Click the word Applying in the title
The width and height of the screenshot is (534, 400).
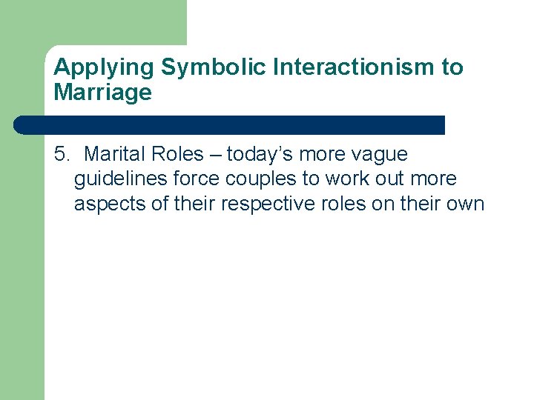(105, 68)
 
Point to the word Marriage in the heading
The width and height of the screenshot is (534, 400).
(102, 93)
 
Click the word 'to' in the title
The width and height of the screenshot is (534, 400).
(452, 67)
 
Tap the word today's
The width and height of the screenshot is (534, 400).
(259, 154)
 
